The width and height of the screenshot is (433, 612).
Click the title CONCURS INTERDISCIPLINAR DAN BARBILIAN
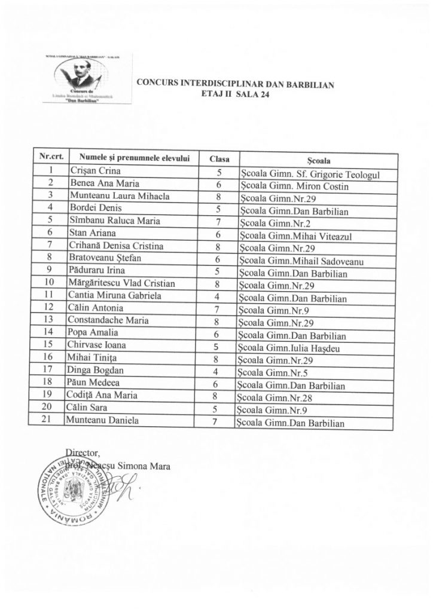[235, 84]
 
